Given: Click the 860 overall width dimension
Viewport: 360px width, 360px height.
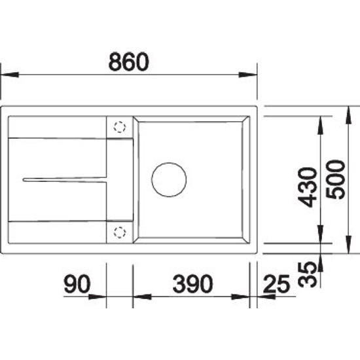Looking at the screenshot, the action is (x=128, y=62).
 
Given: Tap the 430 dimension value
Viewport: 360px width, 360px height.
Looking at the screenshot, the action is (x=308, y=187).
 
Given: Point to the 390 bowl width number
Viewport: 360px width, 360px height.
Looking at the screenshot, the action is (x=192, y=284).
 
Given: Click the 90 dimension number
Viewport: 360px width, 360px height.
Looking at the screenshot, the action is (x=77, y=284).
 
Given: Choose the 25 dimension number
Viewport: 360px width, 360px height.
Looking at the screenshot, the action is (x=276, y=285).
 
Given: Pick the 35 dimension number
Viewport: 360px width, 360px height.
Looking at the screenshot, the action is (x=307, y=275).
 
